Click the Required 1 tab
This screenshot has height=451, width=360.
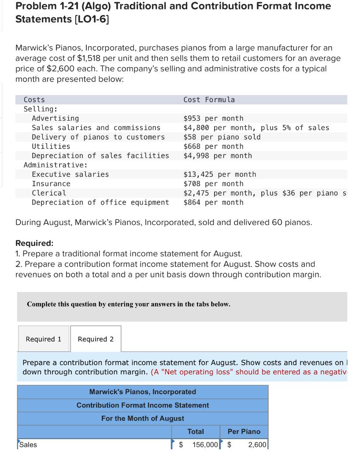click(x=43, y=339)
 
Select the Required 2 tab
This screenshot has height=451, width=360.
click(x=96, y=339)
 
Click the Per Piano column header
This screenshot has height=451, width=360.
click(x=244, y=432)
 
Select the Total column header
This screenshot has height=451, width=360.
click(x=196, y=432)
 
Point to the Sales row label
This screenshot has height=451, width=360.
click(x=28, y=444)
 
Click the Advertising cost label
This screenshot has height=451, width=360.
click(x=56, y=118)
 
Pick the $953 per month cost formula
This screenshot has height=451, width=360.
click(x=213, y=118)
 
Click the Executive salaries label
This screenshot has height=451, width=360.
click(x=70, y=174)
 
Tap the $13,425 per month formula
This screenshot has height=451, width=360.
click(x=219, y=174)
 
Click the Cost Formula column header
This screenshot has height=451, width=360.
click(x=209, y=100)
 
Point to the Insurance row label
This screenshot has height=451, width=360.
click(x=51, y=184)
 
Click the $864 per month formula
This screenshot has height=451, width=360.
click(x=213, y=203)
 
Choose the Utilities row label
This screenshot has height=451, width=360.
click(x=51, y=146)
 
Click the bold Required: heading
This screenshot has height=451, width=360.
click(x=34, y=243)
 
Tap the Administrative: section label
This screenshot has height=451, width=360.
click(x=55, y=165)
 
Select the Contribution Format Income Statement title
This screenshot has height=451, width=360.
click(x=143, y=405)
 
